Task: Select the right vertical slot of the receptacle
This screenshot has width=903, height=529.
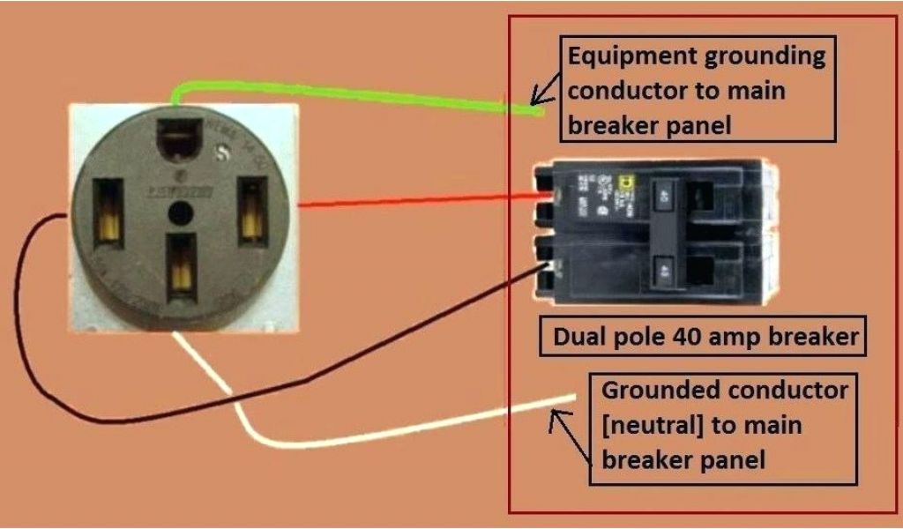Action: coord(251,208)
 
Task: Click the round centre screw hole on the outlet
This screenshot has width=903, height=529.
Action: coord(180,212)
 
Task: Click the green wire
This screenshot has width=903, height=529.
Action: coord(353,94)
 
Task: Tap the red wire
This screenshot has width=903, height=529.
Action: coord(414,200)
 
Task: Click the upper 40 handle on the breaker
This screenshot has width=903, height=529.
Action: coord(660,192)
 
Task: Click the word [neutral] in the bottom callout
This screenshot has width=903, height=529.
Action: coord(652,425)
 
